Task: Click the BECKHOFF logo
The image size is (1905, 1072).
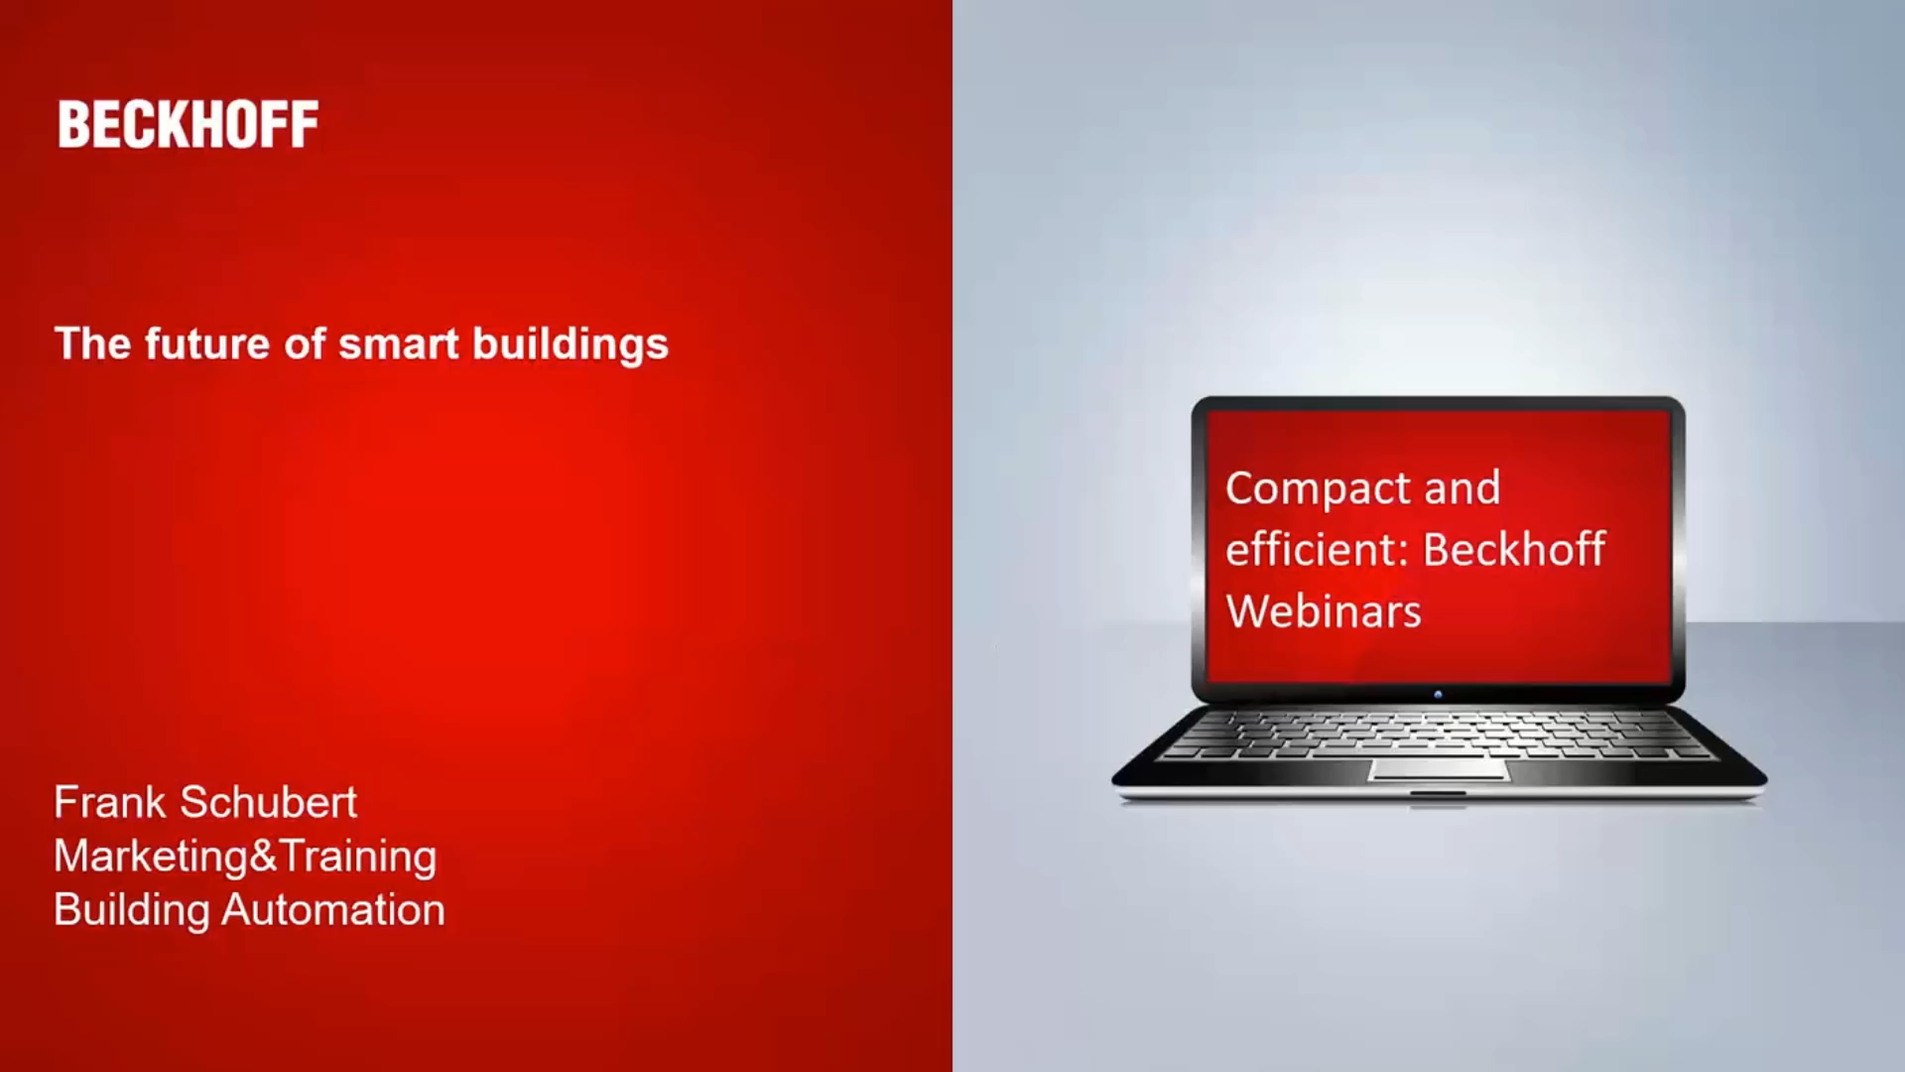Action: [189, 124]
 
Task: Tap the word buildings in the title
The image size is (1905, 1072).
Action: [570, 345]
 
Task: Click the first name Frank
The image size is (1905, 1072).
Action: [109, 802]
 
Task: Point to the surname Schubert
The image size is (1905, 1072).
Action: [268, 802]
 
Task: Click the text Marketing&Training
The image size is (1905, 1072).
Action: [245, 856]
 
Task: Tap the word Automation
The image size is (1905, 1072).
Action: [332, 910]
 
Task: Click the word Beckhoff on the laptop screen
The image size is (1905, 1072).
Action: [1514, 550]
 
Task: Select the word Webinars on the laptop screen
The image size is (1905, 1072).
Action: [1324, 611]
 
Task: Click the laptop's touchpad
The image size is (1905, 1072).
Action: [1439, 769]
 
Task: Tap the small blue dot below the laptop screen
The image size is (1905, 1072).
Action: [1438, 695]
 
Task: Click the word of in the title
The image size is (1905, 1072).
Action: [305, 343]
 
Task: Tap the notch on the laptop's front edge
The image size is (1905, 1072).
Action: [1439, 793]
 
